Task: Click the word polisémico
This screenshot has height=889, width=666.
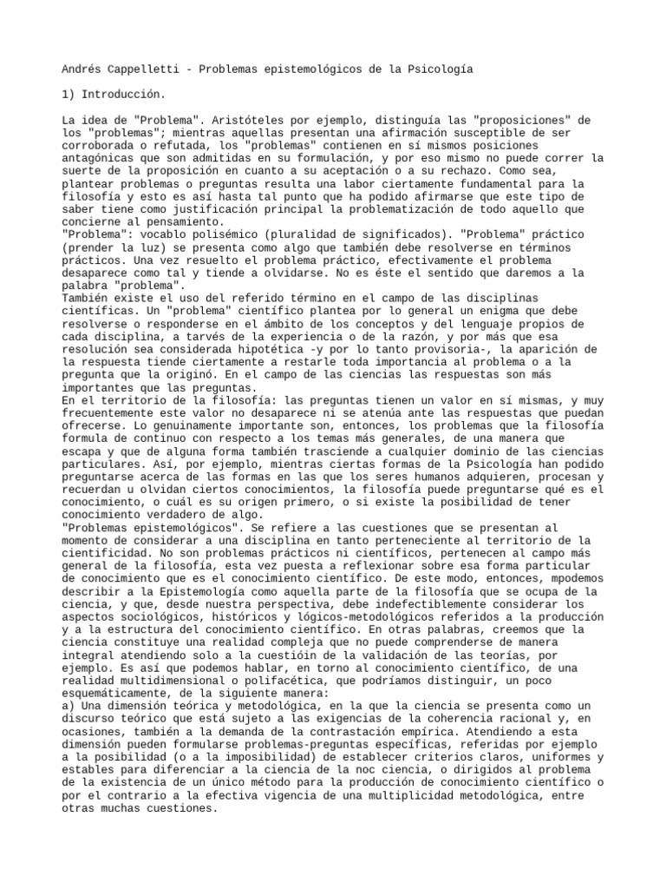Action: click(232, 234)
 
